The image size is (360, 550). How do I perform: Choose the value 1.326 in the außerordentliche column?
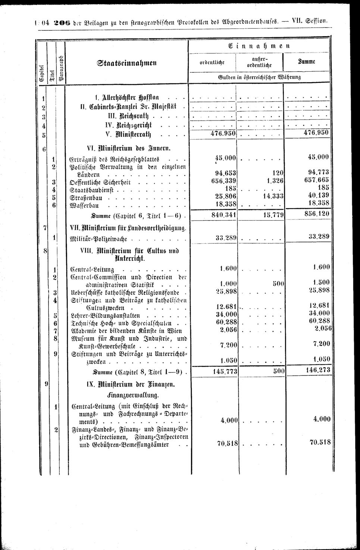pos(275,182)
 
